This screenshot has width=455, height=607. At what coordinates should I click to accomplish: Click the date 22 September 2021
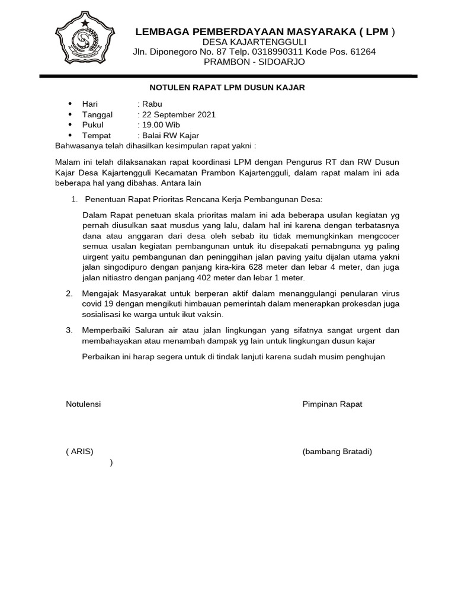(178, 114)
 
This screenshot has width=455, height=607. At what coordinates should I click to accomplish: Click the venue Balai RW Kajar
(169, 136)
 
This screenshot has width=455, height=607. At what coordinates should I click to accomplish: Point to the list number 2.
(69, 293)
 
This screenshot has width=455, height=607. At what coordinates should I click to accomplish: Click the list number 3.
(69, 330)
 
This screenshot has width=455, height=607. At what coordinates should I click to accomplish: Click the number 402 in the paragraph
(222, 277)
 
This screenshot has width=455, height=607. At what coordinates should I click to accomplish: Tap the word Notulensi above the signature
(84, 404)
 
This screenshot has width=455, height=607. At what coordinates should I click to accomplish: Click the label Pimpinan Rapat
(332, 404)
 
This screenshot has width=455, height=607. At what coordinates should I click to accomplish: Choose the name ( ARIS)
(79, 452)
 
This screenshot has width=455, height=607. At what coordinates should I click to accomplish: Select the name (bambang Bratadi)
(337, 452)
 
